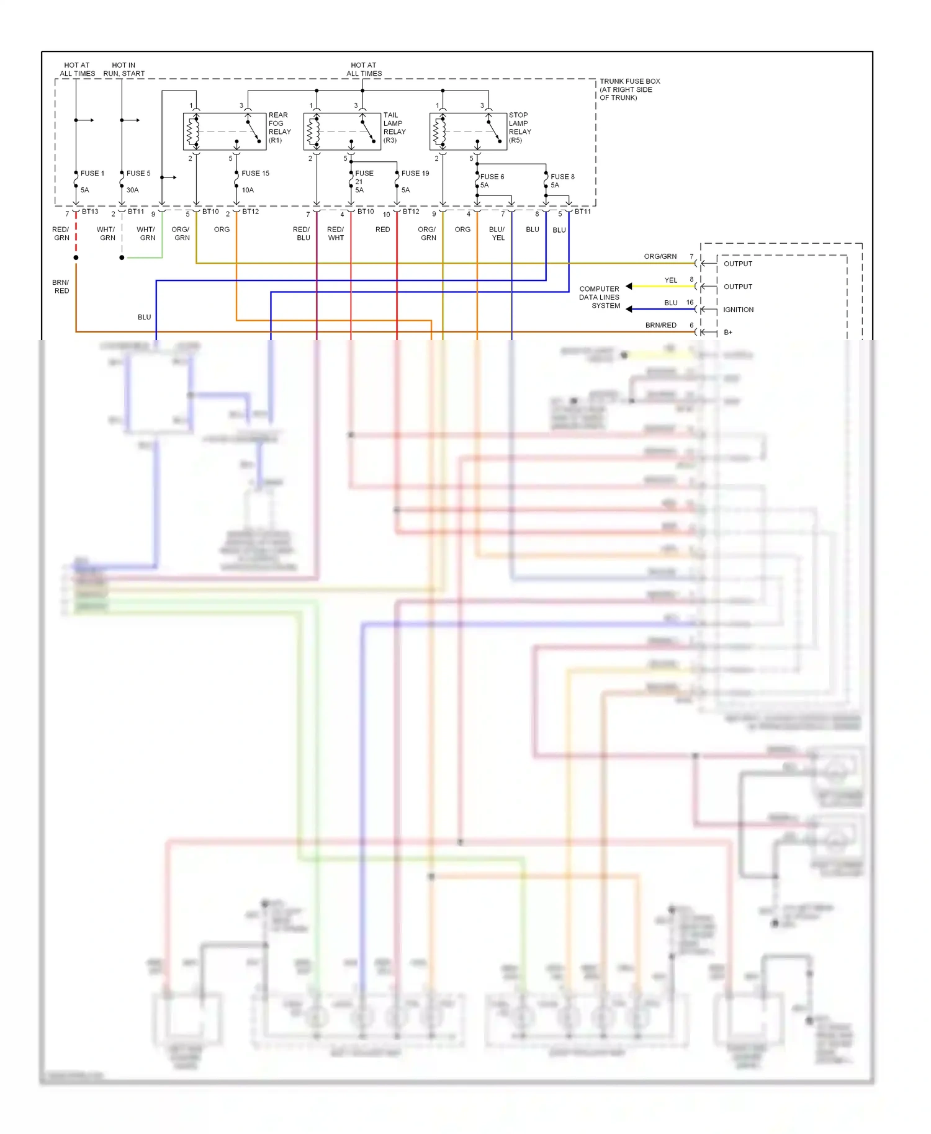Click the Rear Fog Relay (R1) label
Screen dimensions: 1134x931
279,128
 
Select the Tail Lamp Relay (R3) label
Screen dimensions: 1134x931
394,128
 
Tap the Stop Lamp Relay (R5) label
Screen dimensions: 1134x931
519,128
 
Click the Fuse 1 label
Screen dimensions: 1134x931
92,174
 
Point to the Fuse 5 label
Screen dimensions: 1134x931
138,174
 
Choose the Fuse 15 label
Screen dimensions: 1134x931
255,174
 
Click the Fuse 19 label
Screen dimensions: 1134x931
415,174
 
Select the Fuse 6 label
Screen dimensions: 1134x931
492,177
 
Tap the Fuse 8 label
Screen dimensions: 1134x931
562,177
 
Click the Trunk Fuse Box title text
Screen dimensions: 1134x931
629,89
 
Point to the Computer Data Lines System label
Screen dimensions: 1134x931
600,297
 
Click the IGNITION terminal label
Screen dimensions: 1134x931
738,310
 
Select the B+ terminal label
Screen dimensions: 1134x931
728,333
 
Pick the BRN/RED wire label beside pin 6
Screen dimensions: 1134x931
660,325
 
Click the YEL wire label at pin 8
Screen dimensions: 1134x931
671,280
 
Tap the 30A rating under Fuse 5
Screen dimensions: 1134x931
133,190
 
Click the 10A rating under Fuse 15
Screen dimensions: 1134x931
248,190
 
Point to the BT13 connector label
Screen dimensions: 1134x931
90,212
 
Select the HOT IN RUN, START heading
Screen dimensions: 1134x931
124,69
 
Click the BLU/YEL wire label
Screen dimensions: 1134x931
497,234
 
